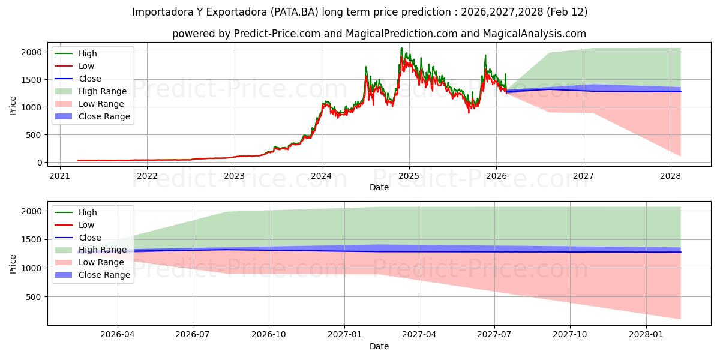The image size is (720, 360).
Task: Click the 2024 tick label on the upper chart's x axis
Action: tap(322, 175)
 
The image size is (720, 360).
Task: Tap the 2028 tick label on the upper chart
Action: tap(671, 175)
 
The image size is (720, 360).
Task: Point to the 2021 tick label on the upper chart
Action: tap(60, 175)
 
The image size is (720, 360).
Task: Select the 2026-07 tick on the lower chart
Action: tap(193, 334)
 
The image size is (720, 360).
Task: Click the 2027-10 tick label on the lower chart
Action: tap(571, 334)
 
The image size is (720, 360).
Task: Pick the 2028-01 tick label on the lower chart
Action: tap(647, 334)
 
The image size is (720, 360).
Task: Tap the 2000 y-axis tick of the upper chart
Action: tap(33, 52)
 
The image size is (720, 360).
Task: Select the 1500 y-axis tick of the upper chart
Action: tap(33, 80)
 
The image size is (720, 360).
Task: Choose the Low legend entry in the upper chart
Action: tap(86, 66)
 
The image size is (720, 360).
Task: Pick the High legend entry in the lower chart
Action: tap(88, 212)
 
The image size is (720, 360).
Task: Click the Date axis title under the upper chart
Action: tap(379, 187)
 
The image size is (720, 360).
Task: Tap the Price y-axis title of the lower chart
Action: tap(13, 264)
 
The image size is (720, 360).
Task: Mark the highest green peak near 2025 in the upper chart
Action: tap(401, 48)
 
